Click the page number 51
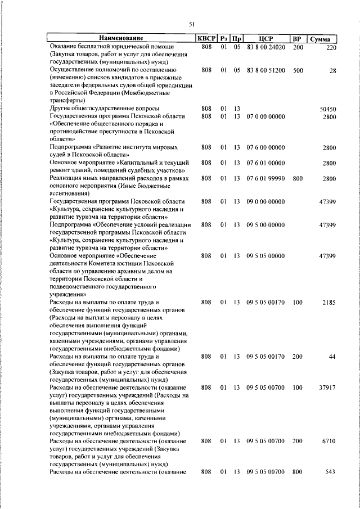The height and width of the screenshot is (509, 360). (191, 24)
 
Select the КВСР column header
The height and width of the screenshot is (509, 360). (206, 39)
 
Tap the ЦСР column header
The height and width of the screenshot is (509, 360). (266, 39)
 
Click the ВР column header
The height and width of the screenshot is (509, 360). (298, 39)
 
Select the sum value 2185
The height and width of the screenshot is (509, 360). (329, 303)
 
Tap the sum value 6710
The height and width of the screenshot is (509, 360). (329, 442)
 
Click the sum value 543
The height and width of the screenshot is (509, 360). (331, 471)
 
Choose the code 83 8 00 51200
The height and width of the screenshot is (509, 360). (266, 70)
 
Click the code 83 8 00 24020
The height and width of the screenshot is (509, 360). (266, 47)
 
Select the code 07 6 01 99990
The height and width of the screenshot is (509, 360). (266, 178)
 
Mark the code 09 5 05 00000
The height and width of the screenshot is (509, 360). (266, 256)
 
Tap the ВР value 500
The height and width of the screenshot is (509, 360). (298, 70)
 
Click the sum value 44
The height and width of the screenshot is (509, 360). (332, 357)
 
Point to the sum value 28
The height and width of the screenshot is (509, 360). (332, 70)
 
